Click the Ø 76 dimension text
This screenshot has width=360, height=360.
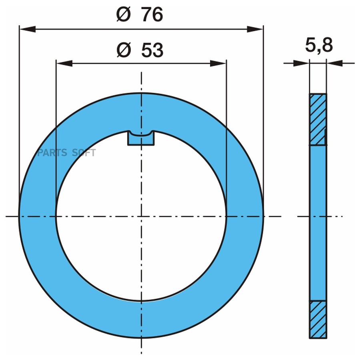[140, 15]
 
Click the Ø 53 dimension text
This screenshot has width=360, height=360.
[140, 50]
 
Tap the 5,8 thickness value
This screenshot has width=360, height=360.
[319, 46]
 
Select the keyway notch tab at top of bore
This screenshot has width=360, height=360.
[141, 138]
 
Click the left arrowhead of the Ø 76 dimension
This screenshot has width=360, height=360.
[27, 29]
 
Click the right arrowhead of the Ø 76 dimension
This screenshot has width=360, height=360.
[255, 29]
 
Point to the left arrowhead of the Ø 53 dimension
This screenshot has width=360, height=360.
[64, 63]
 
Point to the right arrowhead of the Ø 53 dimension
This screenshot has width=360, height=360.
[218, 63]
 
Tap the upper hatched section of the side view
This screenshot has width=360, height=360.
[318, 119]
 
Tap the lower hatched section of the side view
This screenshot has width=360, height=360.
[318, 319]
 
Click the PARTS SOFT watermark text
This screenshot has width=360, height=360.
[66, 153]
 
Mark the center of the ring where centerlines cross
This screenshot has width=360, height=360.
[141, 216]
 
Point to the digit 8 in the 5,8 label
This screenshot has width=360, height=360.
[326, 46]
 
